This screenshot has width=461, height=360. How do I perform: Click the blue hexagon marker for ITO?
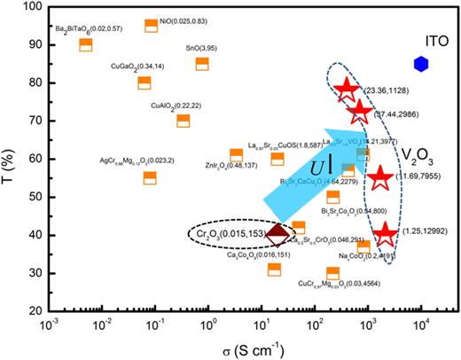pos(421,64)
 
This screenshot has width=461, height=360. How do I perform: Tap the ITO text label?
pos(423,38)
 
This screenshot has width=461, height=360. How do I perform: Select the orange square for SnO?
pos(202,64)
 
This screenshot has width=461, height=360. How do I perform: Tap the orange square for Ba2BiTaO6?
pos(86,45)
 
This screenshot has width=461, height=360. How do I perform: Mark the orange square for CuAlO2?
pos(184,121)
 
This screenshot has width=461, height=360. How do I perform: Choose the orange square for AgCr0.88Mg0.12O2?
pos(150,177)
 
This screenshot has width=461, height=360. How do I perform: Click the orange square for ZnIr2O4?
pos(236,155)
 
